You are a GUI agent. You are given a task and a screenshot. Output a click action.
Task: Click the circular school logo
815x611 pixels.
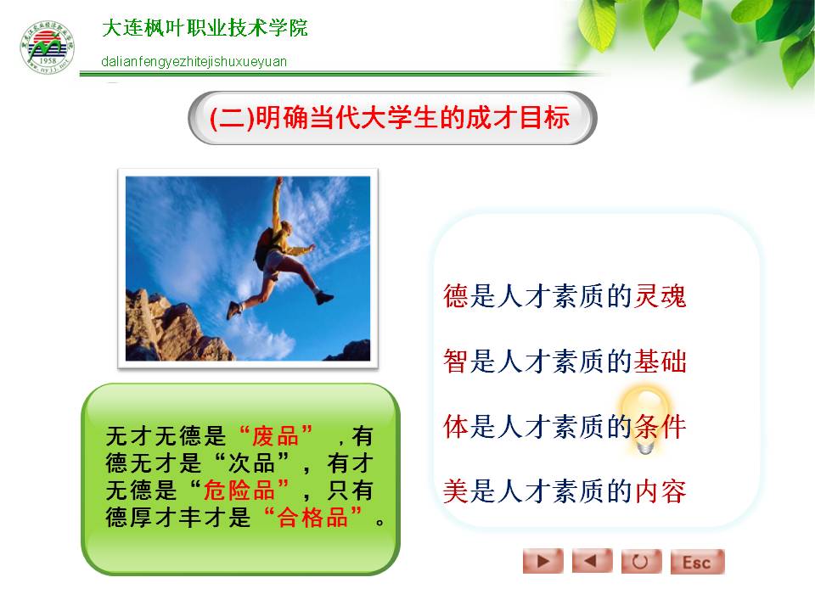(x=47, y=48)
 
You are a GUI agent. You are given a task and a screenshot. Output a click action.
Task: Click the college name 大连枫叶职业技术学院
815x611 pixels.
(x=205, y=28)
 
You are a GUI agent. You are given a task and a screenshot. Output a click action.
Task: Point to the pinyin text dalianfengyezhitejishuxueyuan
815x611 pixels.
(x=194, y=62)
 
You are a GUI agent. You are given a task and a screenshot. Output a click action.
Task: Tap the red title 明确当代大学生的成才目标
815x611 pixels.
(x=413, y=117)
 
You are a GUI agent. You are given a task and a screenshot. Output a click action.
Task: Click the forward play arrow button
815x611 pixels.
(x=542, y=561)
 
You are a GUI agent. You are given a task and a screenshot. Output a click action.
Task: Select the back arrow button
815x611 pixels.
(x=592, y=561)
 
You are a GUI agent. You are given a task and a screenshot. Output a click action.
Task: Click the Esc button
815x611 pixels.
(x=697, y=562)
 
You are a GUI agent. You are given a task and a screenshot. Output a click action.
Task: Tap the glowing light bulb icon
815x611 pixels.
(x=644, y=419)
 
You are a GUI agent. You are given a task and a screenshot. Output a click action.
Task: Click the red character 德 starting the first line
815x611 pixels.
(x=456, y=296)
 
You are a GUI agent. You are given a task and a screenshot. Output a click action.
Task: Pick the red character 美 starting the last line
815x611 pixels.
(x=456, y=491)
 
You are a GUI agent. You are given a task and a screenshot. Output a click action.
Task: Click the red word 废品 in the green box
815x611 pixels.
(x=275, y=436)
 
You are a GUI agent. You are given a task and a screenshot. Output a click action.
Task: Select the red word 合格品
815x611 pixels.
(x=312, y=517)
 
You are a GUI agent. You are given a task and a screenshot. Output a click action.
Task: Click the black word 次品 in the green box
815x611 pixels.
(x=251, y=463)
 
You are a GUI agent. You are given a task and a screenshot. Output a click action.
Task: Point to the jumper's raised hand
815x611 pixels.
(x=279, y=182)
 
